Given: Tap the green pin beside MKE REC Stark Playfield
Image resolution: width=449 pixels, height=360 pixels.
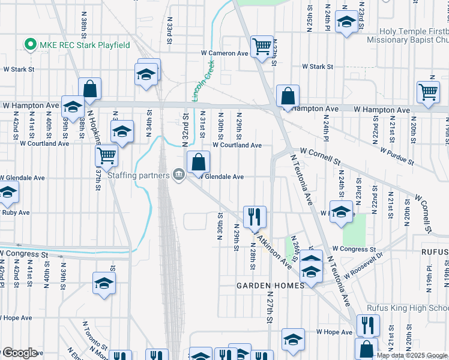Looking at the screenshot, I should click(28, 44).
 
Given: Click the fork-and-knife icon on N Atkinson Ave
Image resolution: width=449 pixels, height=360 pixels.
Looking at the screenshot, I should click(255, 215).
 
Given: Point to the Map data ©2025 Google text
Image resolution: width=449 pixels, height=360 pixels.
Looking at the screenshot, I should click(411, 355).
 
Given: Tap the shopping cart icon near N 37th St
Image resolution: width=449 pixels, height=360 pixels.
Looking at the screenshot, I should click(106, 155).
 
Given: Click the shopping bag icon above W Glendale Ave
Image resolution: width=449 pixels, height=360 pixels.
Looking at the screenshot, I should click(198, 161).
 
